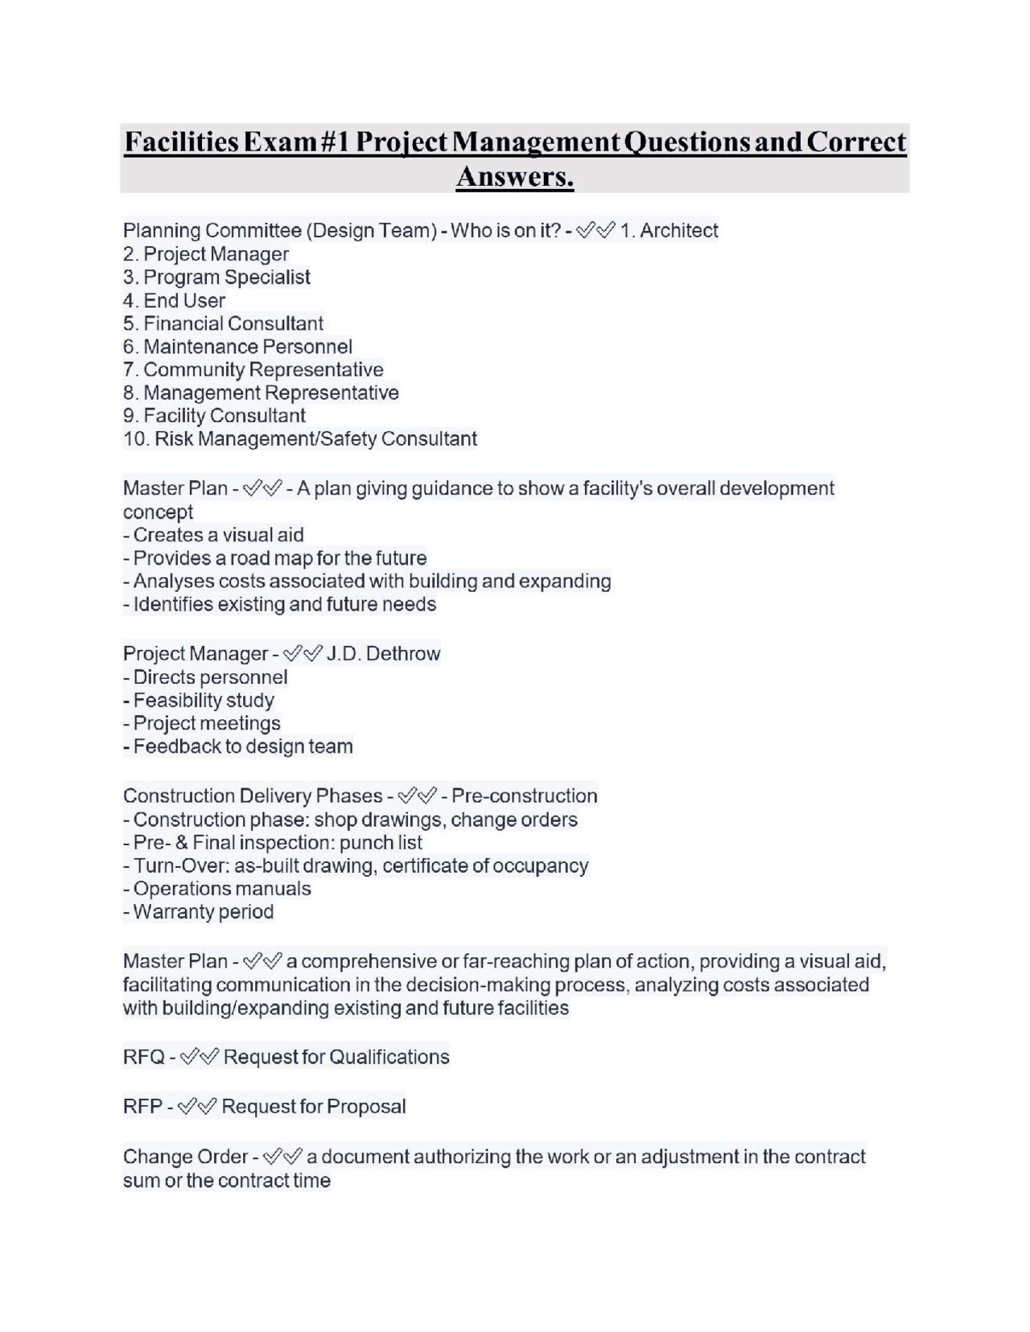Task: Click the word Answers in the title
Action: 514,175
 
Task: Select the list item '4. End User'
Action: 174,301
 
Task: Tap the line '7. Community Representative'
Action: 253,370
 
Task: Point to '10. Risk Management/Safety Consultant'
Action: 299,439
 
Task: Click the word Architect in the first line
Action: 678,231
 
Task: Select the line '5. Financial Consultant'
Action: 223,323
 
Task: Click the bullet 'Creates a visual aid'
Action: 217,535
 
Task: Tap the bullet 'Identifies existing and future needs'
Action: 283,604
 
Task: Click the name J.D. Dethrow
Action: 384,654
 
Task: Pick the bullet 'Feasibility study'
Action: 203,701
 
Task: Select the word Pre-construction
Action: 524,796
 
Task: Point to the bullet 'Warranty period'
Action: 203,912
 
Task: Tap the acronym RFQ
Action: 143,1057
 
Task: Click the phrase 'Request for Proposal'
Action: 313,1107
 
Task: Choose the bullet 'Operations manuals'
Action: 221,889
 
